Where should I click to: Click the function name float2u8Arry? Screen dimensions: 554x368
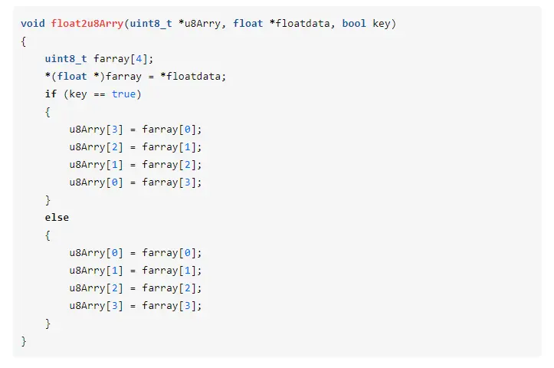87,24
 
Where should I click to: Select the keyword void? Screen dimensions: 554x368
33,23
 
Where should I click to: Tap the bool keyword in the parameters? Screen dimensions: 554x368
354,23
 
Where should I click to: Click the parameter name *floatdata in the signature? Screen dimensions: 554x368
300,23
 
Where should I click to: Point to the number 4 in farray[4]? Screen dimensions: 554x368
139,59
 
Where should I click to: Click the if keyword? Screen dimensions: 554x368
51,94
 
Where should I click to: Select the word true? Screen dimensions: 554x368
123,94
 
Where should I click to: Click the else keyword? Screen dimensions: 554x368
57,218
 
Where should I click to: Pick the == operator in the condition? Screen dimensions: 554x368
100,94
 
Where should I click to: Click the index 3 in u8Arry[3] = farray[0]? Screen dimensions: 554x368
114,130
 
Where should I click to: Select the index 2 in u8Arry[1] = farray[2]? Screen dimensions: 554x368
187,165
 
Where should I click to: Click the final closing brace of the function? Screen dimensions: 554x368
24,341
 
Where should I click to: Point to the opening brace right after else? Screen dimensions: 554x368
48,235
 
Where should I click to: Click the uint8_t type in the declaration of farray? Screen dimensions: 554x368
66,59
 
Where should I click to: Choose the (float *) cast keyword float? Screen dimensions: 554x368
72,77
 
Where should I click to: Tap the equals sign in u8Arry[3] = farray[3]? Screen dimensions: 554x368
133,306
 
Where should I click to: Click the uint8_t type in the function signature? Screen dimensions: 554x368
151,23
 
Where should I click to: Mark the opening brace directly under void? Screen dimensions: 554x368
24,41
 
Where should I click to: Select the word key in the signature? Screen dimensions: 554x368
382,24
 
